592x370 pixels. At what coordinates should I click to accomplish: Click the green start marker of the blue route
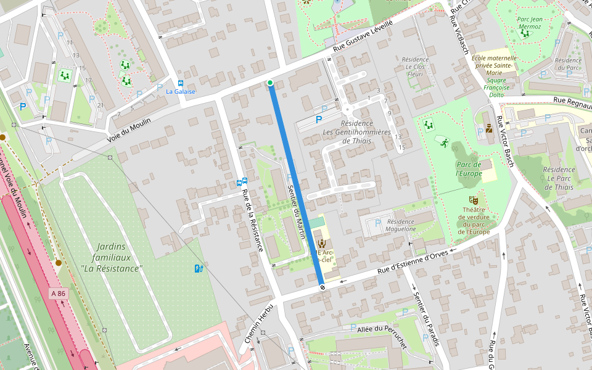pos(270,83)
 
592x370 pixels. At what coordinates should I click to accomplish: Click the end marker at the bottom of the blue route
pos(322,287)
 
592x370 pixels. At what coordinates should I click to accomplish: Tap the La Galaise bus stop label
pos(181,91)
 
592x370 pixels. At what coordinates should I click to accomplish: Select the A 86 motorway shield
pos(58,294)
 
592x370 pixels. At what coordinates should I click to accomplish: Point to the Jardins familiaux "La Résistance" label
pos(112,258)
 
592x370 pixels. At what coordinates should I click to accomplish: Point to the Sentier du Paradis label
pos(425,318)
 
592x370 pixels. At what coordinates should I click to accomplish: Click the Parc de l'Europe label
pos(469,169)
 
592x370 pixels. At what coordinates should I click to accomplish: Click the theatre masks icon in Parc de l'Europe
pos(474,200)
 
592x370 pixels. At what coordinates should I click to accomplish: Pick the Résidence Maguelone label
pos(401,225)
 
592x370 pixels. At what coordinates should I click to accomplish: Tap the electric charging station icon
pos(198,268)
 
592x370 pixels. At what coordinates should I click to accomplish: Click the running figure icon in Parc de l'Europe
pos(443,141)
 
